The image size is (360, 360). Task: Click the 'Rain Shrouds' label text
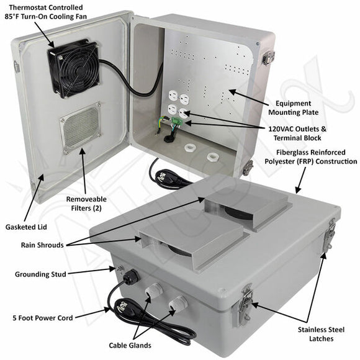pos(42,245)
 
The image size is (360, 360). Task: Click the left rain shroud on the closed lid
pos(189,235)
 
